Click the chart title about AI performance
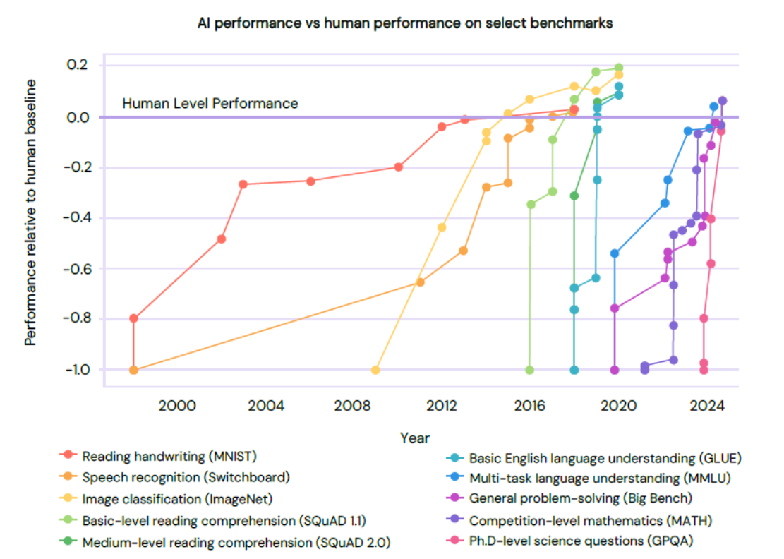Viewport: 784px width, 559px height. click(x=405, y=23)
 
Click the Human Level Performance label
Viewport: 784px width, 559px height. click(x=210, y=104)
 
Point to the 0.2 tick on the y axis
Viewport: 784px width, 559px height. click(x=78, y=66)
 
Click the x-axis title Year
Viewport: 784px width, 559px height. click(x=414, y=438)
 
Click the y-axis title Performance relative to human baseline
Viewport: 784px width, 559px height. click(x=31, y=212)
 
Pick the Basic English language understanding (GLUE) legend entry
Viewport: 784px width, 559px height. click(x=605, y=456)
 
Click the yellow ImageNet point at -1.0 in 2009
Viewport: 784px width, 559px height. click(x=375, y=370)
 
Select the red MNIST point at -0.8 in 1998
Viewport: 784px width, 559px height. click(x=133, y=318)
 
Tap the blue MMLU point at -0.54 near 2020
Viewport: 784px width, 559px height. click(x=615, y=253)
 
